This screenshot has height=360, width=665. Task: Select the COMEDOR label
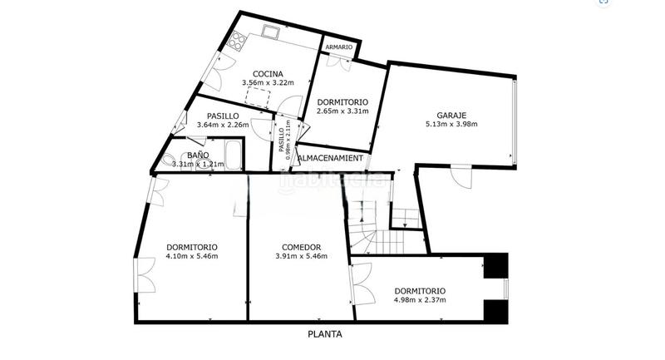[x=301, y=246]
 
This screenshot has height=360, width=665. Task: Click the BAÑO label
[x=197, y=155]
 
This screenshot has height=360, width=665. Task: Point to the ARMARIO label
[x=338, y=47]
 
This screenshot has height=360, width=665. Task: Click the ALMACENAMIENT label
[x=330, y=158]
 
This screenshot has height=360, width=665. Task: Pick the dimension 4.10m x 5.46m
[x=192, y=256]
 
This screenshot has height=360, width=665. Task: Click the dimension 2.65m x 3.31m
[x=342, y=111]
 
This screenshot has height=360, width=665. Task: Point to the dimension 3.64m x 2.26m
[x=223, y=126]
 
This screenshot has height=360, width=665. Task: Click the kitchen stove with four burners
[x=239, y=40]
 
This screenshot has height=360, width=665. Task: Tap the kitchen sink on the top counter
[x=271, y=32]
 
